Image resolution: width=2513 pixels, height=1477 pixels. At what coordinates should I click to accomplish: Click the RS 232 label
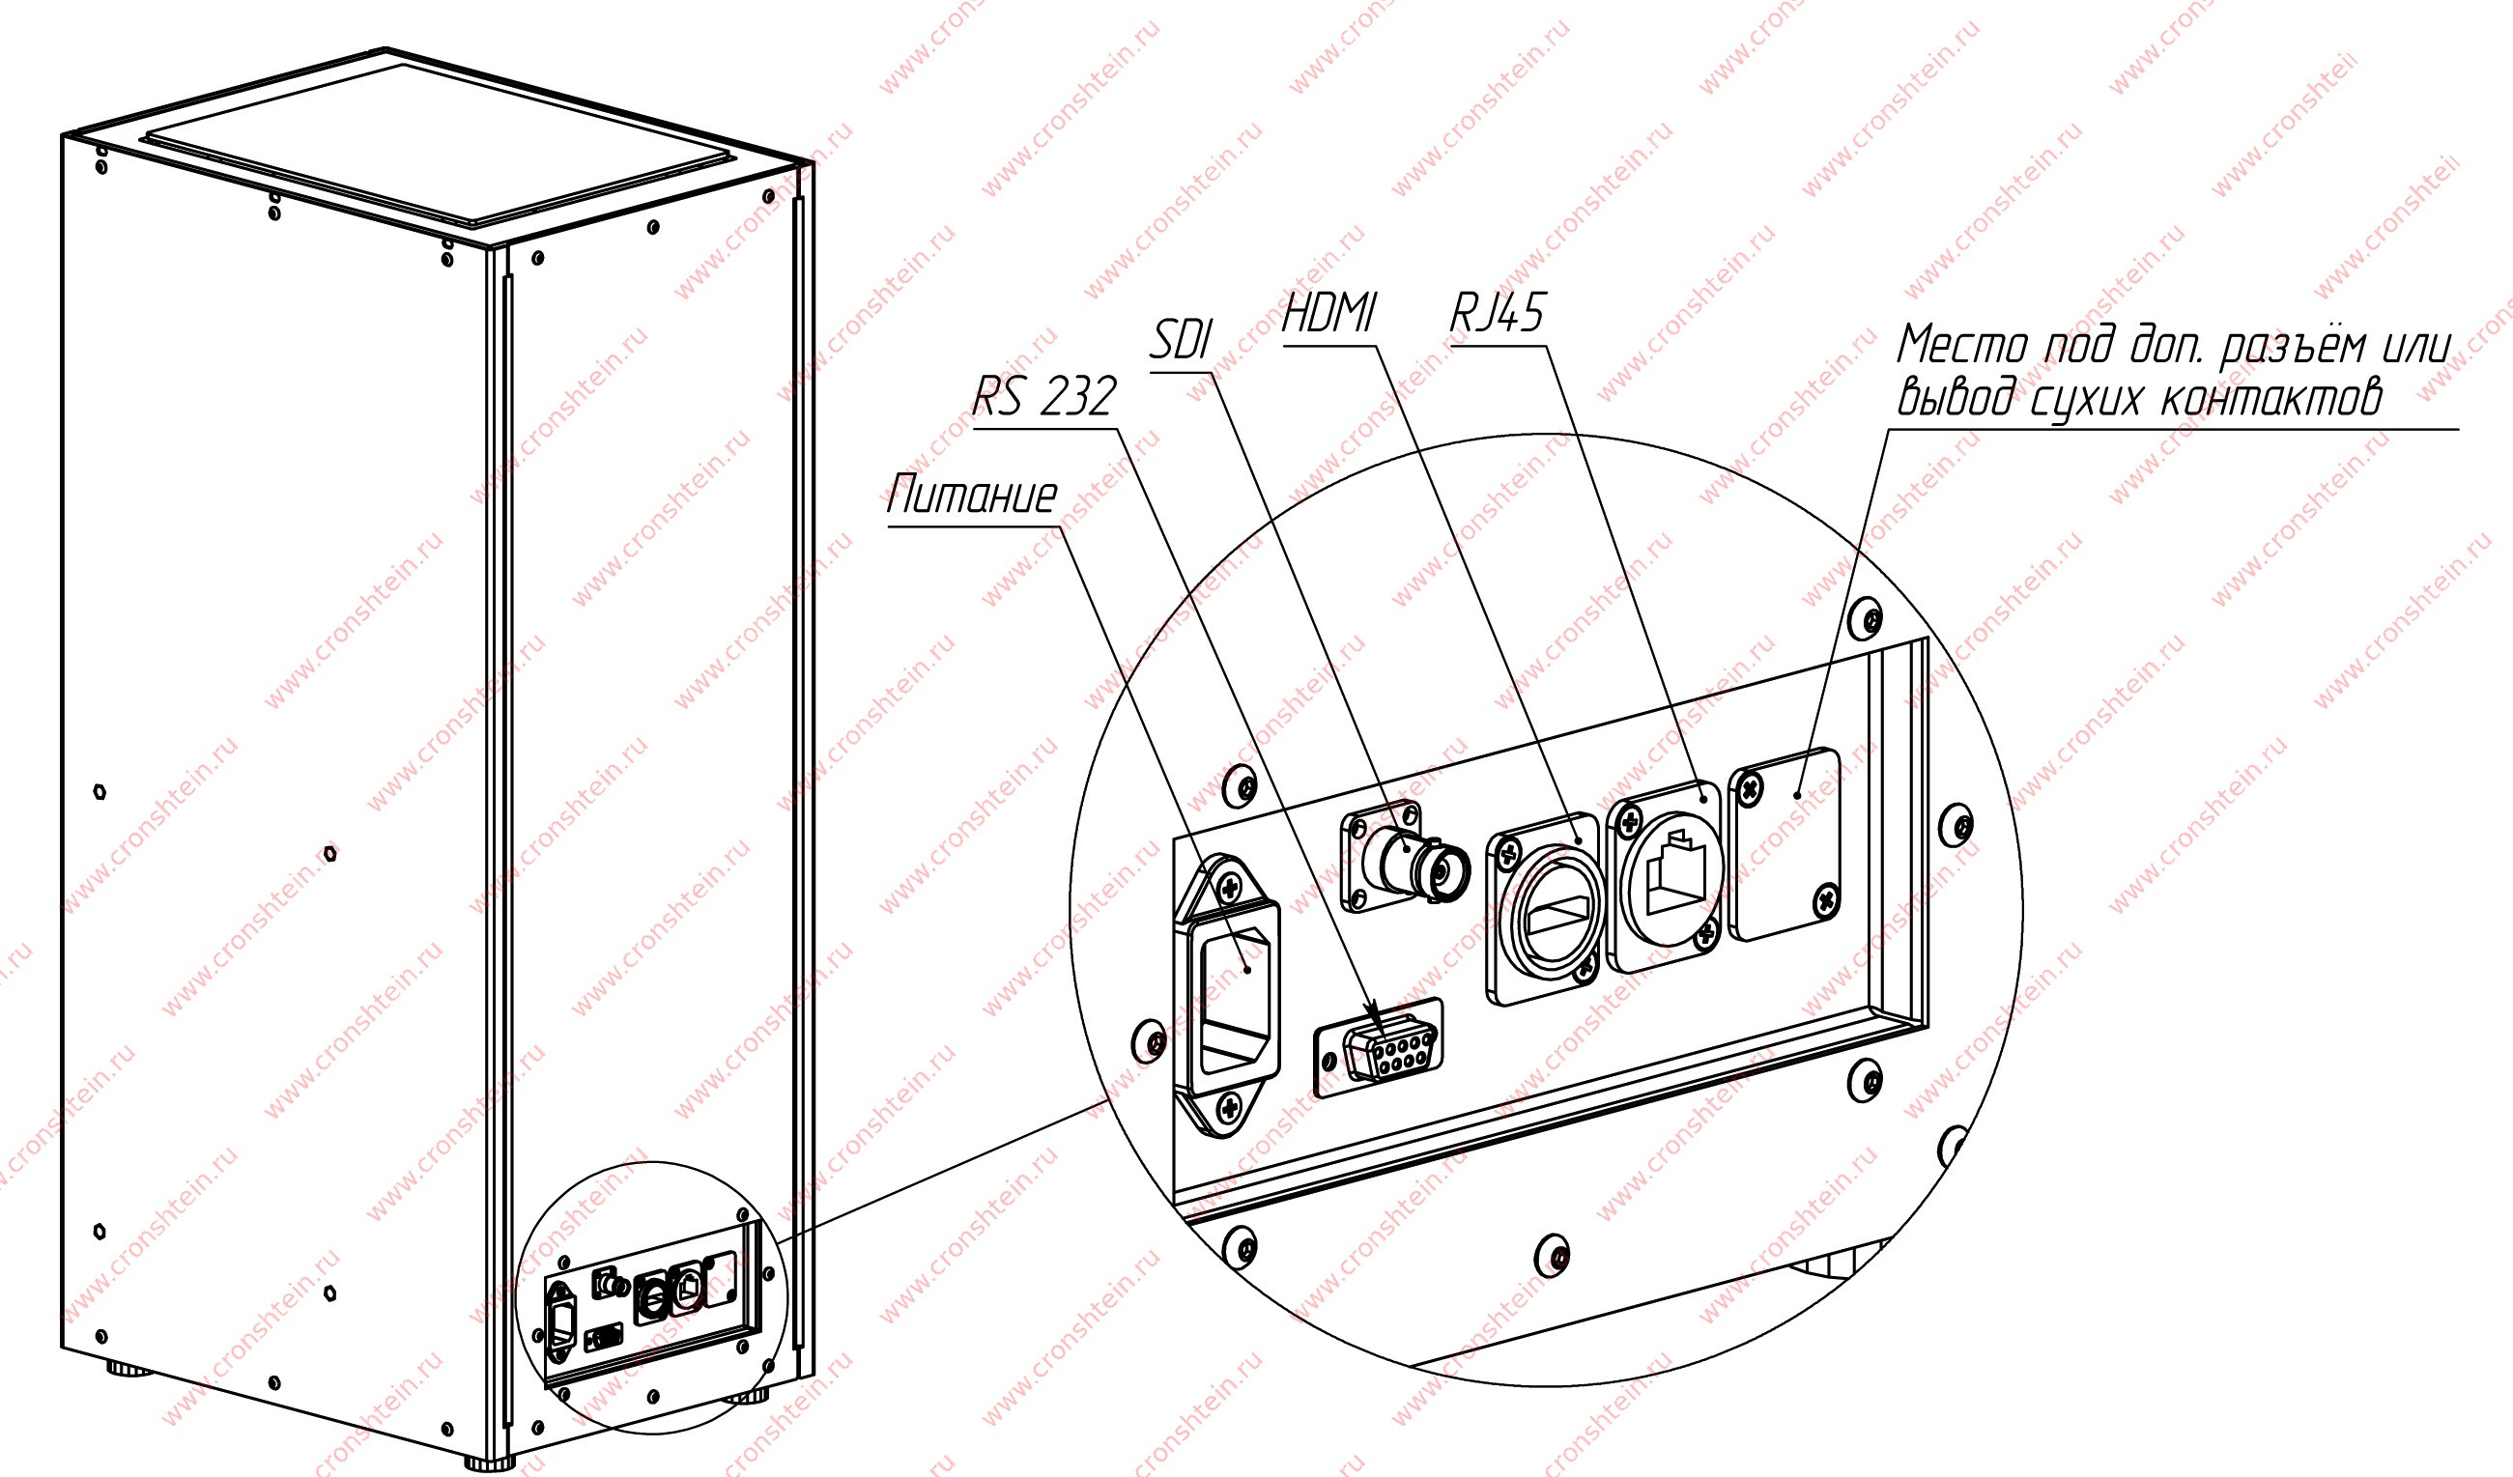(x=1043, y=397)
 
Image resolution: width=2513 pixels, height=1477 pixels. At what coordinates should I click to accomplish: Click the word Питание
(x=972, y=496)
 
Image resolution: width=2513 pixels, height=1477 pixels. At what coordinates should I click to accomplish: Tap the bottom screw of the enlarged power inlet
(x=1229, y=1106)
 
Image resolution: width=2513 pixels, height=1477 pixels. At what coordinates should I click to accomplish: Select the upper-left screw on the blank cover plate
(x=1750, y=792)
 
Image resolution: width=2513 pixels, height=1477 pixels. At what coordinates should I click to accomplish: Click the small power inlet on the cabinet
(x=562, y=1323)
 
